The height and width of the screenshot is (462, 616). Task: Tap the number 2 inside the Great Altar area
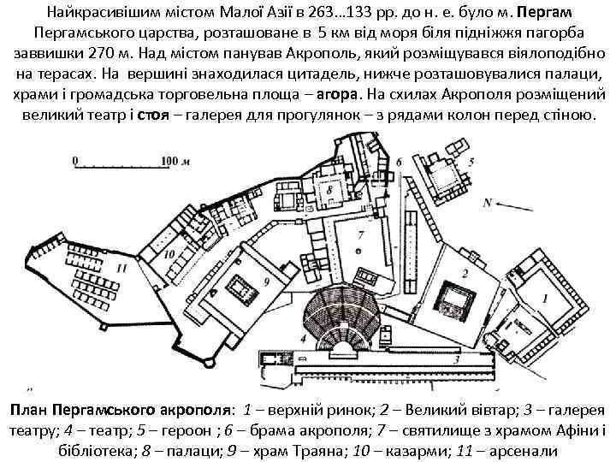(463, 274)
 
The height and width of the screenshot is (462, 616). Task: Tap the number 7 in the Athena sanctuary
(362, 234)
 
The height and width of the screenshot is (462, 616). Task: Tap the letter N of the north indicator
(488, 203)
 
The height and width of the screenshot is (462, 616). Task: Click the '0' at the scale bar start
(75, 160)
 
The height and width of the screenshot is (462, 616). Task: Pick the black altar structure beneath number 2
(462, 300)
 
